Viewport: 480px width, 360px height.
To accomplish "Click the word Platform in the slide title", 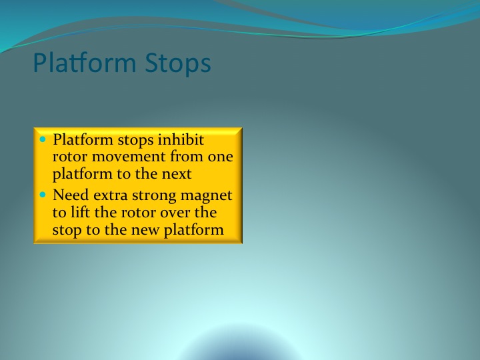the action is click(x=85, y=63).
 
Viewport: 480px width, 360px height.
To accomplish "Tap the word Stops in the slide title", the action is click(x=178, y=63).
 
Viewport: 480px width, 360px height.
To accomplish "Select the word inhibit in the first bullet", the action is click(x=181, y=139).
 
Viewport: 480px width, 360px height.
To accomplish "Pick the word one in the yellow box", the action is click(x=221, y=157).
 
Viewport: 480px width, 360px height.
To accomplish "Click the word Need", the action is click(x=71, y=195).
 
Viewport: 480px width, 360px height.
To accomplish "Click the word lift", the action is click(x=81, y=212).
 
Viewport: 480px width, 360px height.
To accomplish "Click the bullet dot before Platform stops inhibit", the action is click(x=43, y=139).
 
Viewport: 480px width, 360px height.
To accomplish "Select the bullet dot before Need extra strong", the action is click(x=43, y=195).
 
